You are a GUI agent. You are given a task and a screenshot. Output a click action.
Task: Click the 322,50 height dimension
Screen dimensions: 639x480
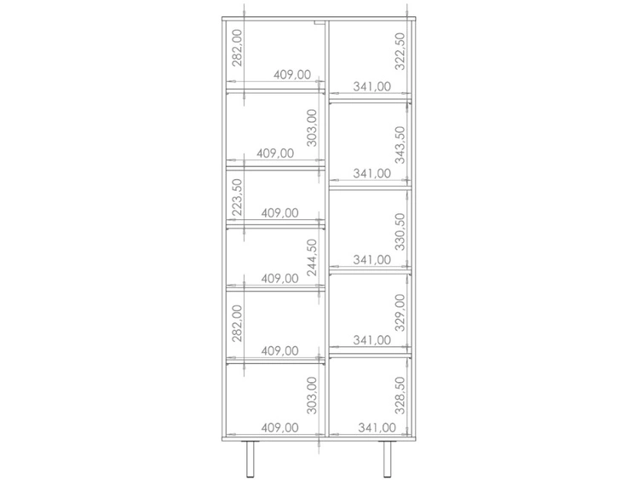[x=400, y=51]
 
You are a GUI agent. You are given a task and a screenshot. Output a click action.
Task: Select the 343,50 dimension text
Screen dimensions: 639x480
[x=400, y=145]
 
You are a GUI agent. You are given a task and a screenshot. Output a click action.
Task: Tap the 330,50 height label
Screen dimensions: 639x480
[x=400, y=232]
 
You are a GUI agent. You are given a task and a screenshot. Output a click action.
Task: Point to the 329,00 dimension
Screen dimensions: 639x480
[x=400, y=313]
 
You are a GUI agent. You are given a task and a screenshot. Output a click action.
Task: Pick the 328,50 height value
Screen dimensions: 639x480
[x=400, y=396]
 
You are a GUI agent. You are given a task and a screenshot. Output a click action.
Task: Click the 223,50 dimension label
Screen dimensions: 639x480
[x=237, y=197]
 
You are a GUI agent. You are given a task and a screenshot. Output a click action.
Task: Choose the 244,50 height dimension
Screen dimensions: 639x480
[x=312, y=257]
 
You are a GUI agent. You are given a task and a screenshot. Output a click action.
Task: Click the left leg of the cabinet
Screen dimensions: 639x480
[x=250, y=460]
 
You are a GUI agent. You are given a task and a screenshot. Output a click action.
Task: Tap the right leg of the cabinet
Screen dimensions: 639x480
[x=387, y=460]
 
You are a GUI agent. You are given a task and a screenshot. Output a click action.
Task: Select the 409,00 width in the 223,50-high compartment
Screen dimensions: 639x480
[x=279, y=213]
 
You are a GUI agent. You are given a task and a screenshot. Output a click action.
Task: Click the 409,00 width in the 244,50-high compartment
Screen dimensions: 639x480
[x=279, y=279]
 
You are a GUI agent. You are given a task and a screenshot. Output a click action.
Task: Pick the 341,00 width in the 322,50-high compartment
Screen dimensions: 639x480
[x=371, y=86]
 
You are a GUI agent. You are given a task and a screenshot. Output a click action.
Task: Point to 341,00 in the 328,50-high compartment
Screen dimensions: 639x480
[x=377, y=428]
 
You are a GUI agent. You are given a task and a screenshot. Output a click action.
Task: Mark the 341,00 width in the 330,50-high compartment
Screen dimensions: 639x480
[x=371, y=260]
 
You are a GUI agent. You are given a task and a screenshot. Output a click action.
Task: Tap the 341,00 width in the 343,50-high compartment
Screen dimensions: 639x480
[x=371, y=173]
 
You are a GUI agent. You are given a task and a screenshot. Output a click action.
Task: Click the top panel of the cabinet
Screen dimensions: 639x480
[x=319, y=19]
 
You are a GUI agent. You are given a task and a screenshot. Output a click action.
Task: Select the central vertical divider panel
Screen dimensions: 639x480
[x=327, y=228]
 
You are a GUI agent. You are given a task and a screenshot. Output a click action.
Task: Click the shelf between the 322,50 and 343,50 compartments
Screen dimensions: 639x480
[x=371, y=101]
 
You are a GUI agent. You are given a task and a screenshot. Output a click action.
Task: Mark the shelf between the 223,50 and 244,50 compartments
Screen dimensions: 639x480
[x=275, y=226]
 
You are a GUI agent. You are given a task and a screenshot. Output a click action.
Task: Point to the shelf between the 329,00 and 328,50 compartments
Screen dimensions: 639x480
[x=371, y=356]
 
